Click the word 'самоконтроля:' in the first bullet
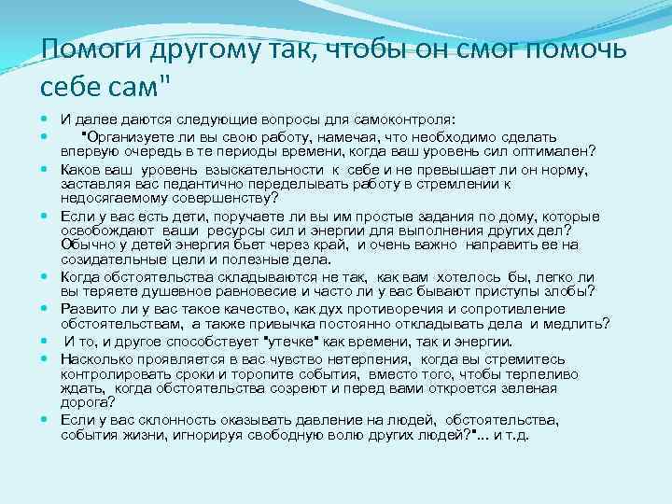(410, 120)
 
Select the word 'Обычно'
(82, 245)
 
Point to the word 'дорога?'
(87, 402)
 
